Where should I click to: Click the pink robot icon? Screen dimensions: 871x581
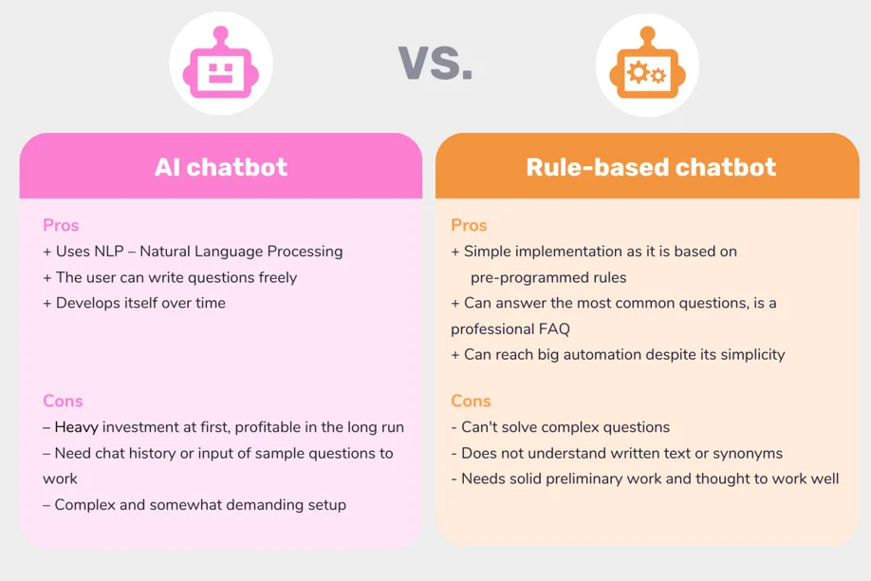(x=220, y=63)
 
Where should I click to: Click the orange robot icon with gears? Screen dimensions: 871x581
(x=647, y=63)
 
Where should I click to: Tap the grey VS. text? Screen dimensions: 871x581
(x=435, y=63)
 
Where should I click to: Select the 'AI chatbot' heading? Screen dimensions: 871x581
(x=221, y=167)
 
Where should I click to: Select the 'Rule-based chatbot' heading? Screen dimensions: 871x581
(x=651, y=167)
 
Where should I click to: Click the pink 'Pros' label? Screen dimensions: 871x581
(x=61, y=225)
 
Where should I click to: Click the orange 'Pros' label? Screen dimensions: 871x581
(x=469, y=225)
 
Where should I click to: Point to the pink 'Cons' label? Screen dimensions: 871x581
(x=63, y=401)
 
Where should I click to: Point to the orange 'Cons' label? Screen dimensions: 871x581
(x=471, y=401)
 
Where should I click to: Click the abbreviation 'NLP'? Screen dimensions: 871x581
(x=109, y=252)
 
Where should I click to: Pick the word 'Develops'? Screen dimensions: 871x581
(x=86, y=304)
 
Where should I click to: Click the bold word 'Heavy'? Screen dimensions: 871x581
(x=77, y=427)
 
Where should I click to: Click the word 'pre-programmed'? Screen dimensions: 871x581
(x=525, y=277)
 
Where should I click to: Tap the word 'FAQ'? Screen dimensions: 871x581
(x=554, y=329)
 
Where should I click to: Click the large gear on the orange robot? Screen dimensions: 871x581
(x=639, y=72)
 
